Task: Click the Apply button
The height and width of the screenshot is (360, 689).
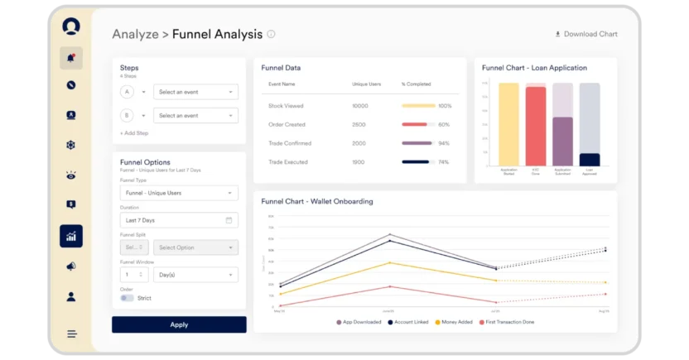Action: [179, 324]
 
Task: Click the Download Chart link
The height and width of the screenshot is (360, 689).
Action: [585, 34]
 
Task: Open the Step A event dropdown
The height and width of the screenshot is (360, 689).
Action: [195, 92]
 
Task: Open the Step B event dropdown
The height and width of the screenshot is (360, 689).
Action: [195, 116]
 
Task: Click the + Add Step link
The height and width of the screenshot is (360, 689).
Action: [134, 133]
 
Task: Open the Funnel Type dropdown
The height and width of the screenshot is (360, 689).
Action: [179, 193]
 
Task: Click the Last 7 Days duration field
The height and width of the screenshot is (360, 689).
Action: [179, 220]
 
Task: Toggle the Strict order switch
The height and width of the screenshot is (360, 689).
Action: [127, 298]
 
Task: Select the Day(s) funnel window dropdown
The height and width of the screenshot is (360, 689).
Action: [195, 274]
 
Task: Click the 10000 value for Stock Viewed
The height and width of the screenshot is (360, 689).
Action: [359, 106]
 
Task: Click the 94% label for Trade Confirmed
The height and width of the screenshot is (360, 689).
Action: [443, 143]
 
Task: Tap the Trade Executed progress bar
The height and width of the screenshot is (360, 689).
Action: [418, 162]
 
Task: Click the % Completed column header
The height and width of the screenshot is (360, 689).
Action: [417, 84]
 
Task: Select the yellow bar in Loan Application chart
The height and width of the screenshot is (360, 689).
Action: [508, 124]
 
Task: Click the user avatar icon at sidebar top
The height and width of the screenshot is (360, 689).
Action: [71, 26]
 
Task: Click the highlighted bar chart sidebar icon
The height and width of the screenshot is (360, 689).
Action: [71, 236]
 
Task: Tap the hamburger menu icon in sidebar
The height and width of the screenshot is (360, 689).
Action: [71, 334]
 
